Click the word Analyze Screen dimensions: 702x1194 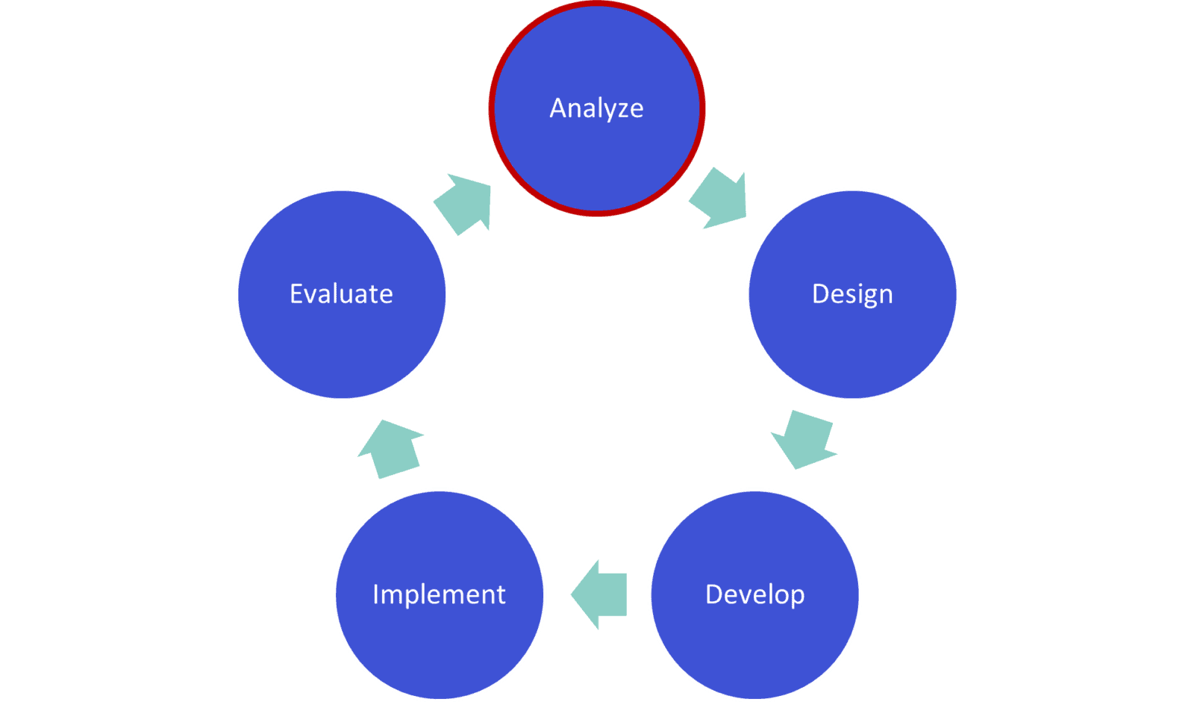(596, 108)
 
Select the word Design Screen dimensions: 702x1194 (852, 294)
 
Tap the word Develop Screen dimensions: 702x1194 (755, 594)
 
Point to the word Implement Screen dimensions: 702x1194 (439, 594)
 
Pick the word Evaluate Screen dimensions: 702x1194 (341, 294)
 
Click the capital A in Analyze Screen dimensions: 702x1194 (558, 108)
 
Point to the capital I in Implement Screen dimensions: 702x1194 (376, 594)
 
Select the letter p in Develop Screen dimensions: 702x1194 (797, 597)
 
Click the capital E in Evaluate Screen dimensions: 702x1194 (296, 294)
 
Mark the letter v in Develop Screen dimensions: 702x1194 (743, 596)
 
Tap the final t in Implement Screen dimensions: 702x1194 (501, 594)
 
